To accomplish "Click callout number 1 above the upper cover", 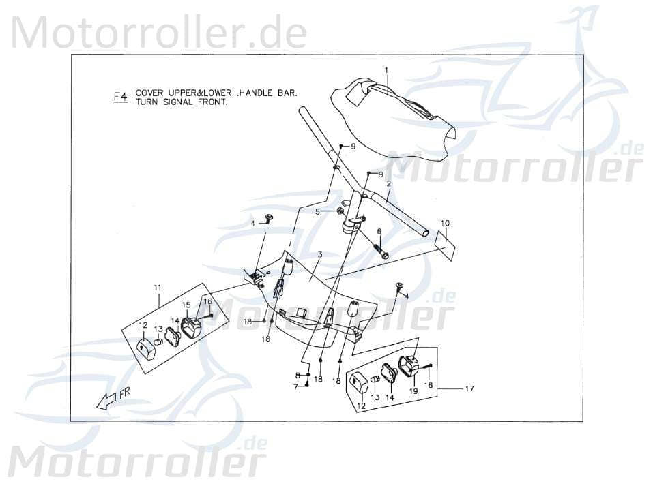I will (386, 70).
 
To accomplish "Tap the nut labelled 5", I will (339, 212).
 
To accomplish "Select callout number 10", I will (445, 223).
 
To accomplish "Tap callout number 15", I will (186, 305).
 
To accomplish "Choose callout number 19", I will (413, 391).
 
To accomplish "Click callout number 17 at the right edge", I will (469, 389).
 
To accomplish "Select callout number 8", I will (298, 376).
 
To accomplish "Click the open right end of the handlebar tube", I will (425, 233).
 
